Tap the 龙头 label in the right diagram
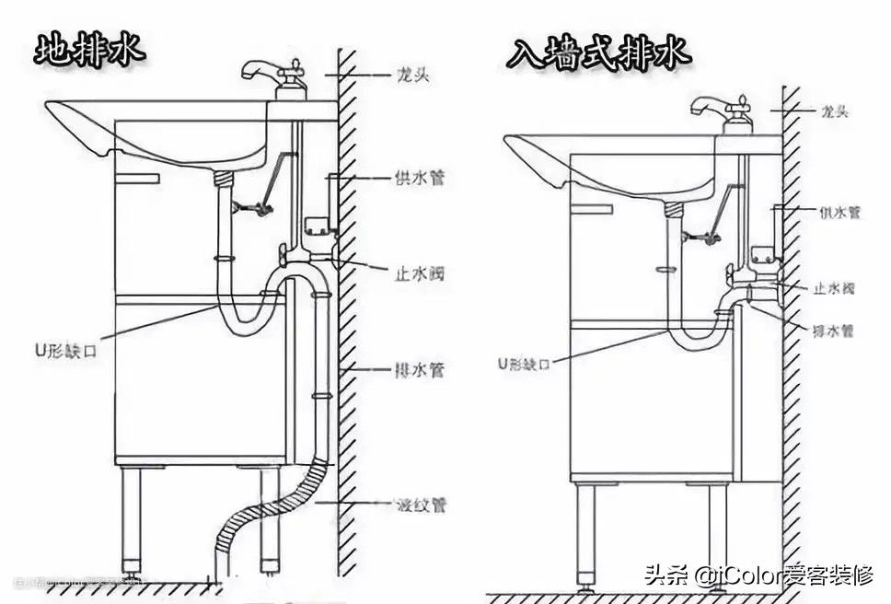tap(833, 111)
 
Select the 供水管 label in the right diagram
tap(839, 212)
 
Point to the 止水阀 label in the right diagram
tap(833, 288)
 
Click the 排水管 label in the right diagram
tap(833, 329)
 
